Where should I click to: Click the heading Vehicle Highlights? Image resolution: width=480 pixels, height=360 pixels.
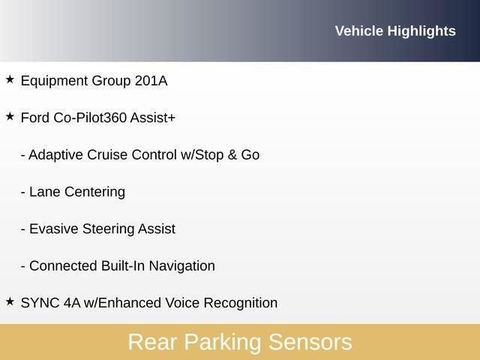[x=394, y=31]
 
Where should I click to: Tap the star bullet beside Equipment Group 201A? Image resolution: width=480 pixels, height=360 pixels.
[x=10, y=79]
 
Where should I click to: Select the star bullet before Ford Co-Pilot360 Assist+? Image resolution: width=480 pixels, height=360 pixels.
[x=10, y=116]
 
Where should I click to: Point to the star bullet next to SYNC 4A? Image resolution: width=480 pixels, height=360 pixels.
[x=10, y=301]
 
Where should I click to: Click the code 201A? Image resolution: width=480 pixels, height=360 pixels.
[x=151, y=80]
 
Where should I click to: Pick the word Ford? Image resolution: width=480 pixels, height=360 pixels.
[x=35, y=118]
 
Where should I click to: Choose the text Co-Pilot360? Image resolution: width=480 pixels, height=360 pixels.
[x=90, y=118]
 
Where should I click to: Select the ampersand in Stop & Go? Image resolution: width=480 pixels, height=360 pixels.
[x=232, y=154]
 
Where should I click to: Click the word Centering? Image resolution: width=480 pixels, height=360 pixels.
[x=94, y=192]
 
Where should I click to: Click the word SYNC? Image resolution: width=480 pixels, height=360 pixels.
[x=39, y=303]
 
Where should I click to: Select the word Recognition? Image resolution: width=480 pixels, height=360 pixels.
[x=239, y=303]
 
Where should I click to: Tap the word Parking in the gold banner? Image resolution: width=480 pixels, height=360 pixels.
[x=223, y=343]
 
